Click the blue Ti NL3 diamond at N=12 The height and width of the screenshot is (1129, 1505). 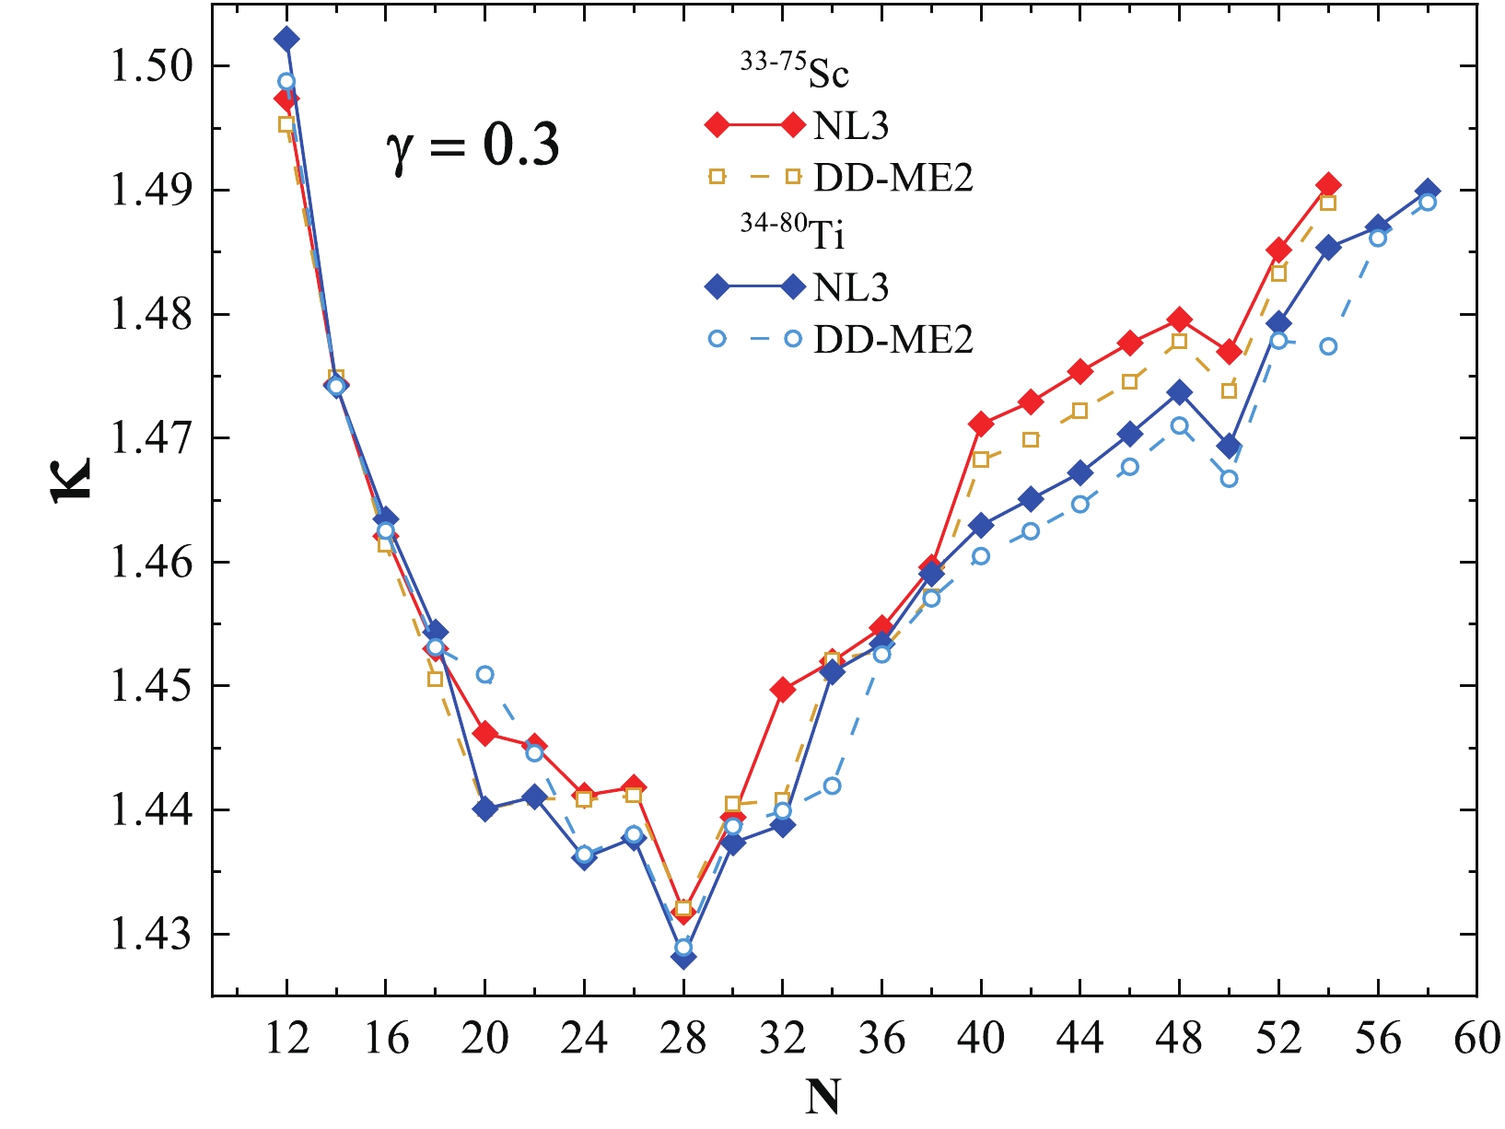coord(286,39)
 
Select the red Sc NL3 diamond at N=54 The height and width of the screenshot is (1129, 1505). coord(1328,185)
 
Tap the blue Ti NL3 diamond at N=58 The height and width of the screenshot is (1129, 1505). coord(1427,191)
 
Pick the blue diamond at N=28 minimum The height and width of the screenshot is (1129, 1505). coord(683,958)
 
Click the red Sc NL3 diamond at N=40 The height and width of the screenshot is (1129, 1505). coord(981,424)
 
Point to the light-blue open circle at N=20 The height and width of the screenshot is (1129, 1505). coord(484,674)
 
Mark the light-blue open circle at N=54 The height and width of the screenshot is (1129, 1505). coord(1328,346)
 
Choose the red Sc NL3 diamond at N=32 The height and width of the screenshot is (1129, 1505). coord(783,690)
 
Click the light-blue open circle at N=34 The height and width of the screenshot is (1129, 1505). coord(832,786)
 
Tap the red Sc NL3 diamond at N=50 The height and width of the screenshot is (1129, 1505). coord(1229,352)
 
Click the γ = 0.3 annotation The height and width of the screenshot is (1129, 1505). coord(472,145)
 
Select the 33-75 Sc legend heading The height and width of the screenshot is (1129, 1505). coord(794,73)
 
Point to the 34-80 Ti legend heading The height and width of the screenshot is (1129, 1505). coord(793,234)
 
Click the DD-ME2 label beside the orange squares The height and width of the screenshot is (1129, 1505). coord(892,178)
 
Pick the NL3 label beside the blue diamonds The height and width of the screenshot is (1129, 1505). coord(851,287)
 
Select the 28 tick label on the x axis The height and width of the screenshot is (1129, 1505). coord(683,1039)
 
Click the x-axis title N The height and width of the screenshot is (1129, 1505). coord(822,1097)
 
